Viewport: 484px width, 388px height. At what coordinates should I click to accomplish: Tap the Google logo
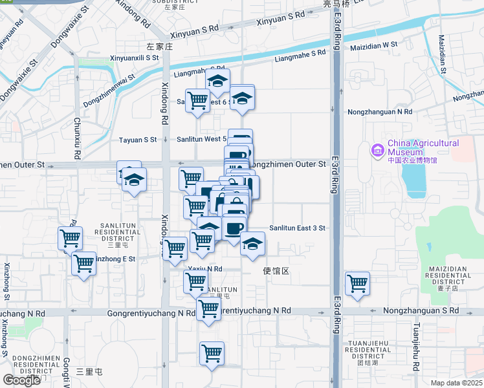(x=21, y=380)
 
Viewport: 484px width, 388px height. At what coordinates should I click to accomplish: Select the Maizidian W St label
(x=373, y=45)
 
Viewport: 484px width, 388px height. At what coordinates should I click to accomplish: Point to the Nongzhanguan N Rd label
(x=380, y=111)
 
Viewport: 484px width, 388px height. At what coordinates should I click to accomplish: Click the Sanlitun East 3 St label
(x=297, y=228)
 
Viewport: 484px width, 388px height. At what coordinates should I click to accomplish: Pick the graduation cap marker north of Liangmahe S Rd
(x=218, y=81)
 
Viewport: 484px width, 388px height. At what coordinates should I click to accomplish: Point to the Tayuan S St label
(x=138, y=140)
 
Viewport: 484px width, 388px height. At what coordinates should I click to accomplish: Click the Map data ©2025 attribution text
(x=457, y=383)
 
